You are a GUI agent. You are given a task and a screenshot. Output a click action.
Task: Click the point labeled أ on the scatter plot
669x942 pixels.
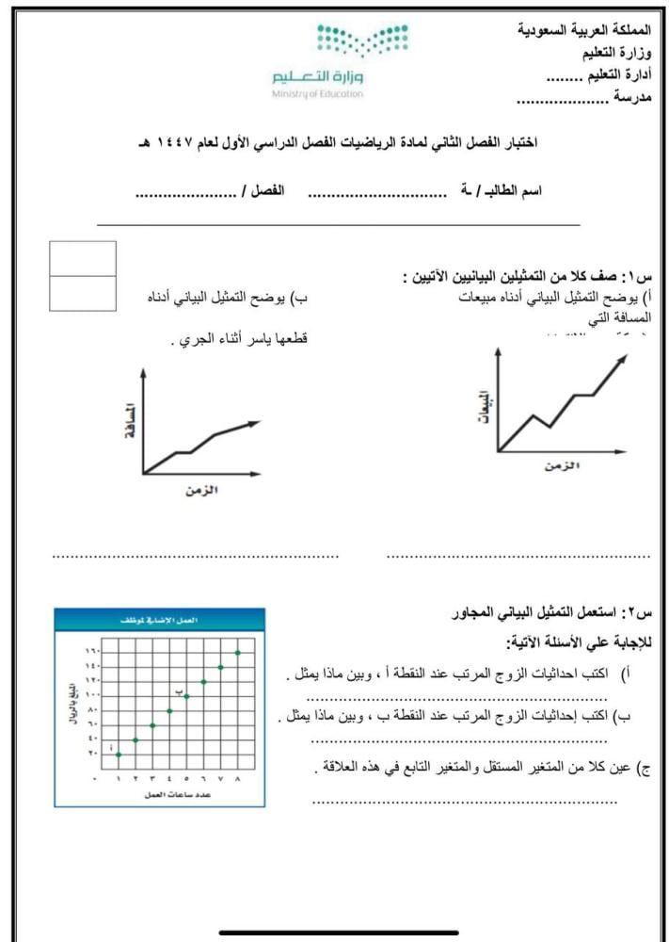[118, 755]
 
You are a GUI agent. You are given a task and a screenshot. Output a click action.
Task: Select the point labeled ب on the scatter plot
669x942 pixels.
[186, 696]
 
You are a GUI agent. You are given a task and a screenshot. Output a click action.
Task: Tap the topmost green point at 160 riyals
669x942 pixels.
[238, 652]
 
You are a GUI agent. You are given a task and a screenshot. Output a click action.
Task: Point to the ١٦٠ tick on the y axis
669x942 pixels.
[91, 652]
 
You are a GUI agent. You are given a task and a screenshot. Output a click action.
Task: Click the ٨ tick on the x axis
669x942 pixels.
[238, 779]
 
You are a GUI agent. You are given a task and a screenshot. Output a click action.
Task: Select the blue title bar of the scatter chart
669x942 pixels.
[159, 621]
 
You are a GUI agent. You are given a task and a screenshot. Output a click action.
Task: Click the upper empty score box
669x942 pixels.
[85, 258]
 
